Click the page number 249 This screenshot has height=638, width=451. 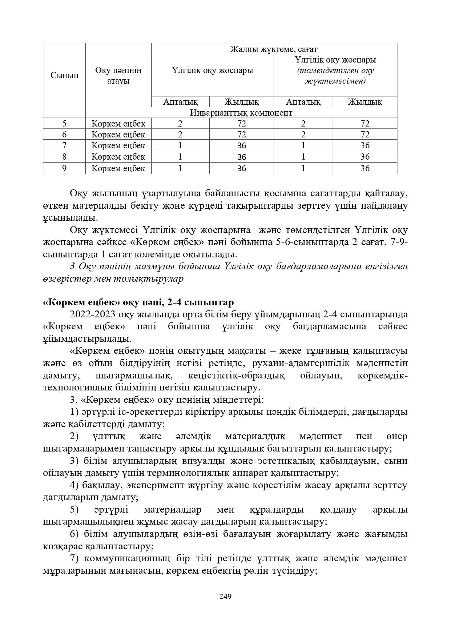(225, 597)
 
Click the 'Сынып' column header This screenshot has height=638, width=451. (64, 76)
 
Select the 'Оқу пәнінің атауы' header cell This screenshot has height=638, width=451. (118, 75)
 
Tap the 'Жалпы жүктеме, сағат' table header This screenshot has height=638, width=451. (274, 49)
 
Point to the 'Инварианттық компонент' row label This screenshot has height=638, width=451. (241, 113)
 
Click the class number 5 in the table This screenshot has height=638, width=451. (64, 124)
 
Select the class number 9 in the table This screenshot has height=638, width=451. (64, 168)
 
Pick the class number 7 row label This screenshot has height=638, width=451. (64, 146)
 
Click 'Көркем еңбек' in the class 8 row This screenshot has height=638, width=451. (118, 157)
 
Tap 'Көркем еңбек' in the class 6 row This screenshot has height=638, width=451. (118, 135)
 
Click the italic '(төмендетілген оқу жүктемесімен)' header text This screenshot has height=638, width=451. (335, 76)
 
